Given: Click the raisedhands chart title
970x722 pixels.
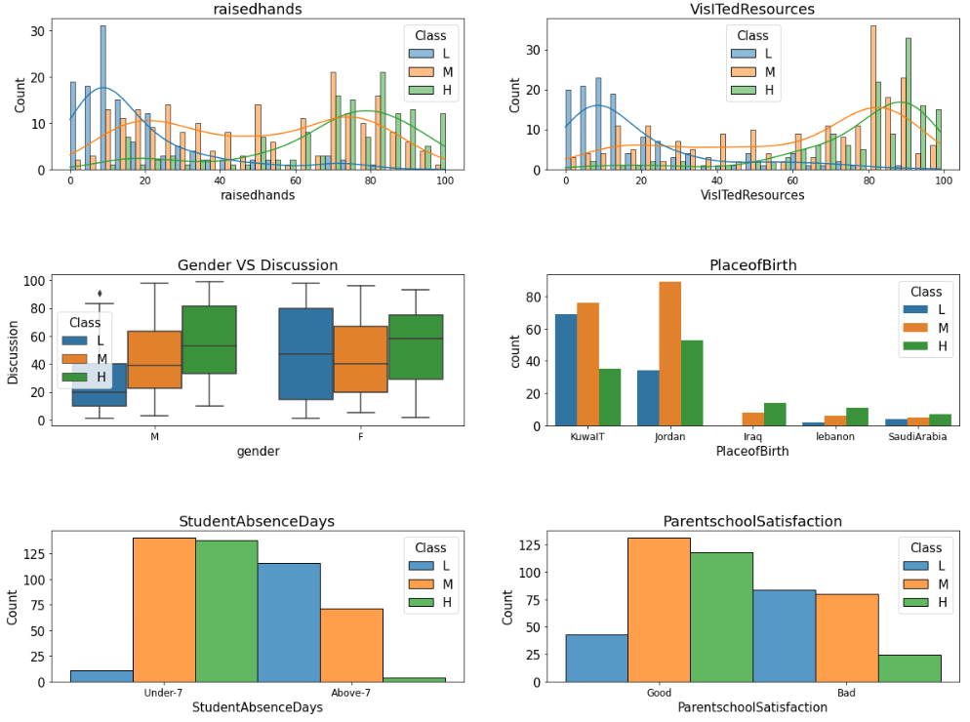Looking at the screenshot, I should click(x=258, y=10).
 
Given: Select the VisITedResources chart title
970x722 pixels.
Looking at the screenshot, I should click(x=752, y=10).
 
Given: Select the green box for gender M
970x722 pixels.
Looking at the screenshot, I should click(x=209, y=340).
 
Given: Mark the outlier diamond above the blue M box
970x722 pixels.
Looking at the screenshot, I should click(x=100, y=293).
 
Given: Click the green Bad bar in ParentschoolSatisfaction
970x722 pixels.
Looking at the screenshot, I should click(x=909, y=668).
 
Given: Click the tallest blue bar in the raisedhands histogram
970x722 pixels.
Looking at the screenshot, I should click(x=102, y=98).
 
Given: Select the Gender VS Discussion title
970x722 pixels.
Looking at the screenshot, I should click(x=258, y=265).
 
